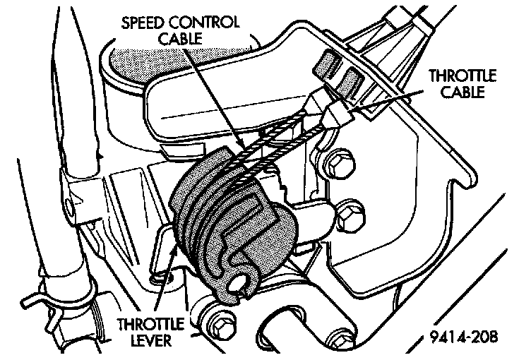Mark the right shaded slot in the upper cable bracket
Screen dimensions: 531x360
tap(348, 77)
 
